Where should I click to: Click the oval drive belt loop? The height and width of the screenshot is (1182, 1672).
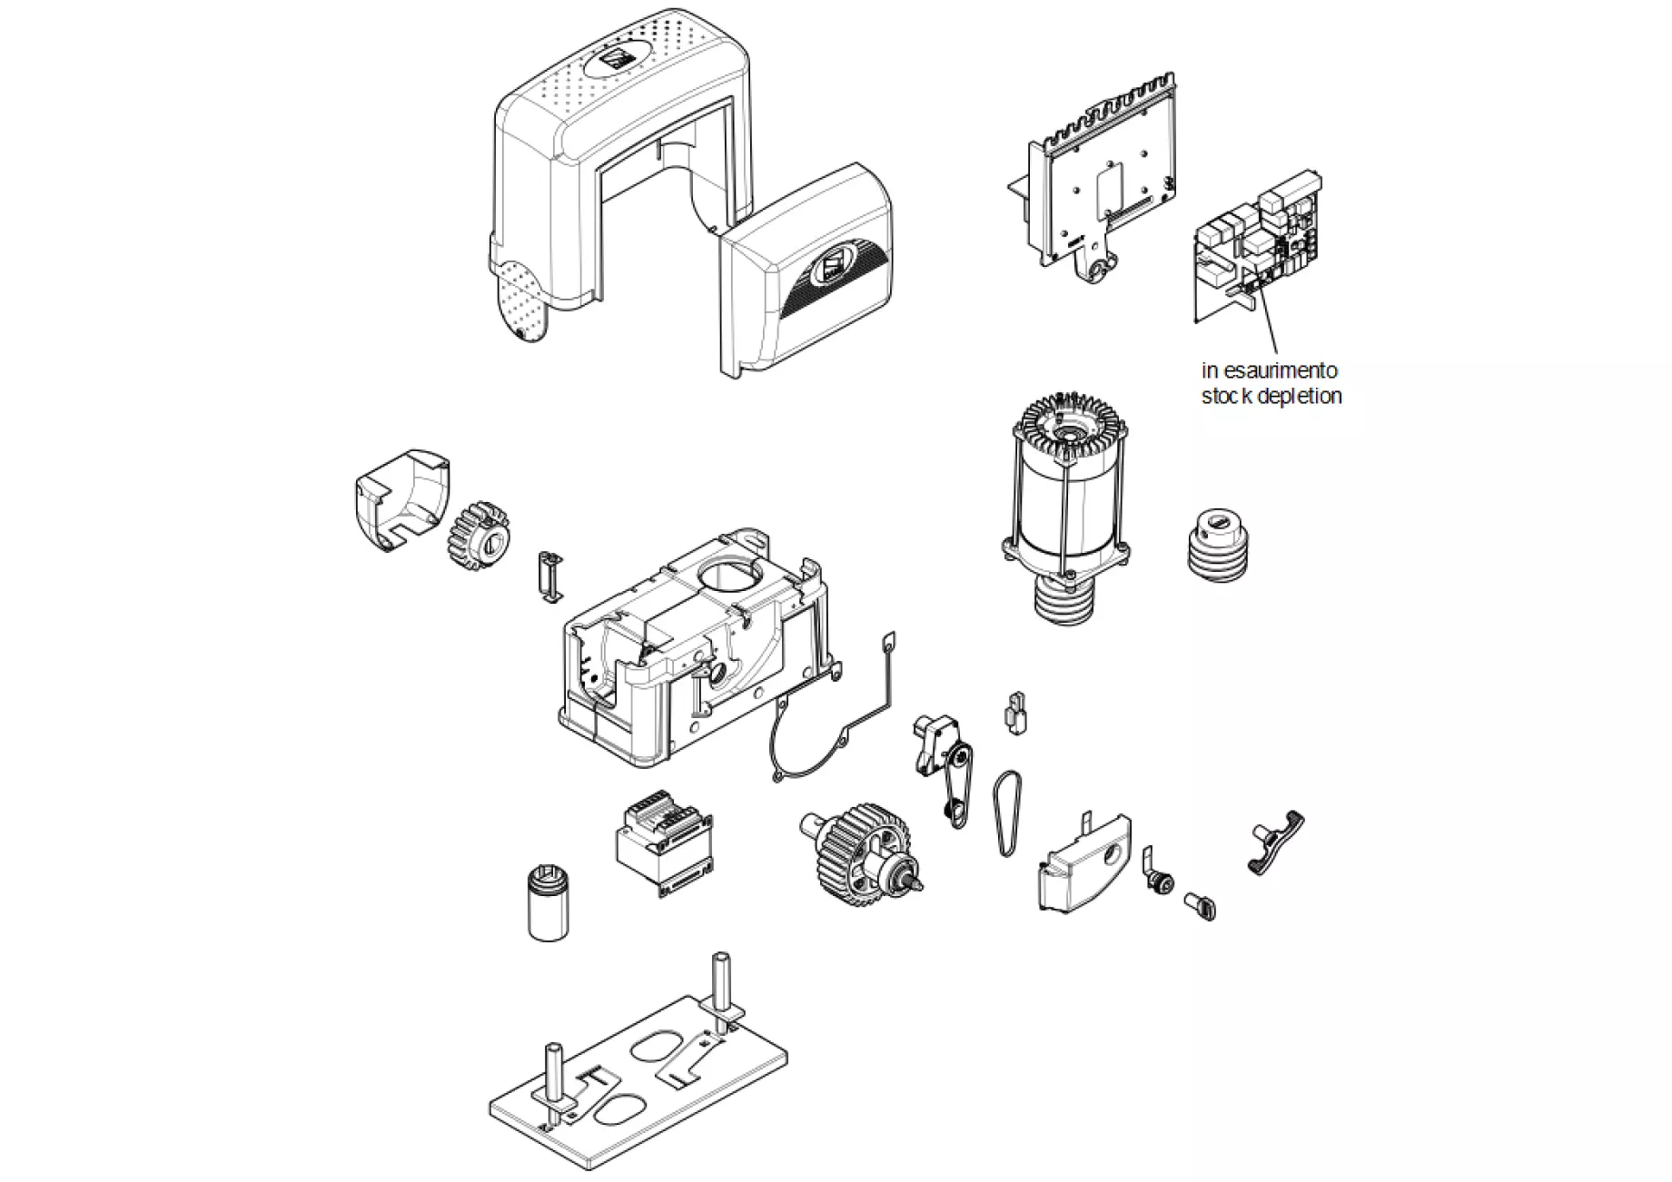point(1006,812)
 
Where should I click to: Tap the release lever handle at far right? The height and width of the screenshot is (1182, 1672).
point(1277,843)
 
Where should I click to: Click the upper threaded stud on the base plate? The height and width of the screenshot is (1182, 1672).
point(722,990)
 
